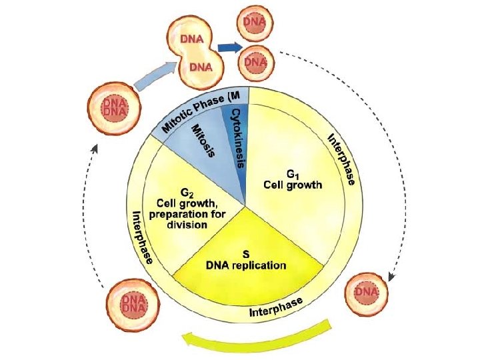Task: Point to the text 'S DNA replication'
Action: pyautogui.click(x=245, y=259)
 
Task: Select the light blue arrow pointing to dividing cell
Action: pyautogui.click(x=153, y=75)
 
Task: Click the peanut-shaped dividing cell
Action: pyautogui.click(x=197, y=51)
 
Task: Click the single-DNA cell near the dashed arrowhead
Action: pyautogui.click(x=367, y=292)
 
